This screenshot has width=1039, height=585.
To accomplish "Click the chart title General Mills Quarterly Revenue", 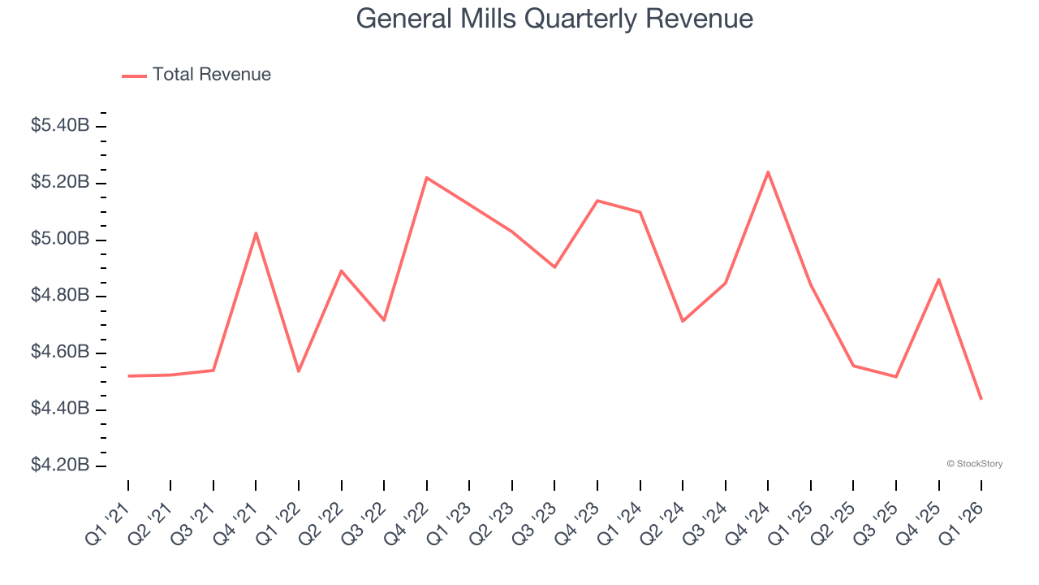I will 554,19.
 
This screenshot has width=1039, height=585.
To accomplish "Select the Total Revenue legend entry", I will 211,75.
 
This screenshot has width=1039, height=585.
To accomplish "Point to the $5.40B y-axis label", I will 59,126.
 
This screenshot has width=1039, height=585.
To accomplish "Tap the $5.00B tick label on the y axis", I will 59,240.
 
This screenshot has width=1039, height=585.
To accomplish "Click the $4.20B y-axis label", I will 59,466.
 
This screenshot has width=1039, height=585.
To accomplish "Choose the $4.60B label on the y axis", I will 59,353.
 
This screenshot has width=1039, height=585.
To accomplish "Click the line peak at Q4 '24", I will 768,172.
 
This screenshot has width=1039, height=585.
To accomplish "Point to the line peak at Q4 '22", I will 427,177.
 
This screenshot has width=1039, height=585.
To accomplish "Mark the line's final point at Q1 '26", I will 981,398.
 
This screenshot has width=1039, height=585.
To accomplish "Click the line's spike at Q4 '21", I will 256,233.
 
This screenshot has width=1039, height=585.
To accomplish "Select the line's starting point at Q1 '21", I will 128,376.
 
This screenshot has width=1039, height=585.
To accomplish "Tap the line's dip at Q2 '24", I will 683,321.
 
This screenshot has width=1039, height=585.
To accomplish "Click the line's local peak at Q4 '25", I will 938,279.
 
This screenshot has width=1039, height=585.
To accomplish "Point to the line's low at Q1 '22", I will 299,371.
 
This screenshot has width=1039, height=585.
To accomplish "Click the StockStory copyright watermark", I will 974,464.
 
